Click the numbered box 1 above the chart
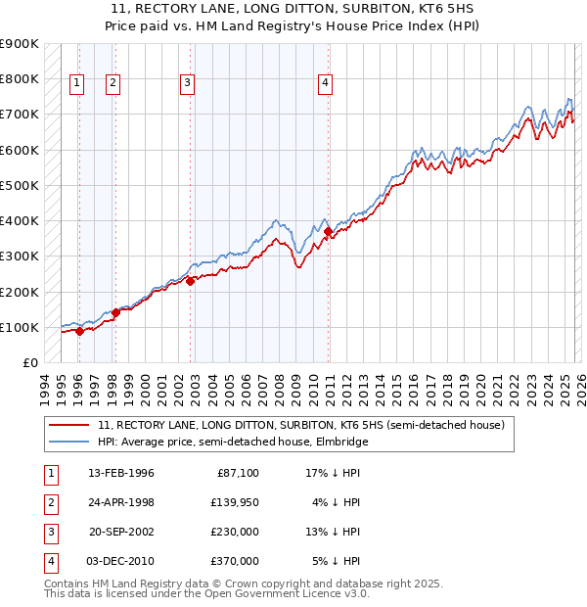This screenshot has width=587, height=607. tap(76, 84)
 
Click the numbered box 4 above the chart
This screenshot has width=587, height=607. tap(324, 84)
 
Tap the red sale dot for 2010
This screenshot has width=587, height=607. tap(329, 232)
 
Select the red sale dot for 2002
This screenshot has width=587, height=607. tap(191, 281)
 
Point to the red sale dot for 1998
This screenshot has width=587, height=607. tap(115, 312)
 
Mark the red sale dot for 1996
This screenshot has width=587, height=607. tap(79, 331)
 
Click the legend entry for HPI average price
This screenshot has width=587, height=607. tap(232, 443)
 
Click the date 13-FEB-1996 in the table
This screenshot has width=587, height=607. tap(120, 473)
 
